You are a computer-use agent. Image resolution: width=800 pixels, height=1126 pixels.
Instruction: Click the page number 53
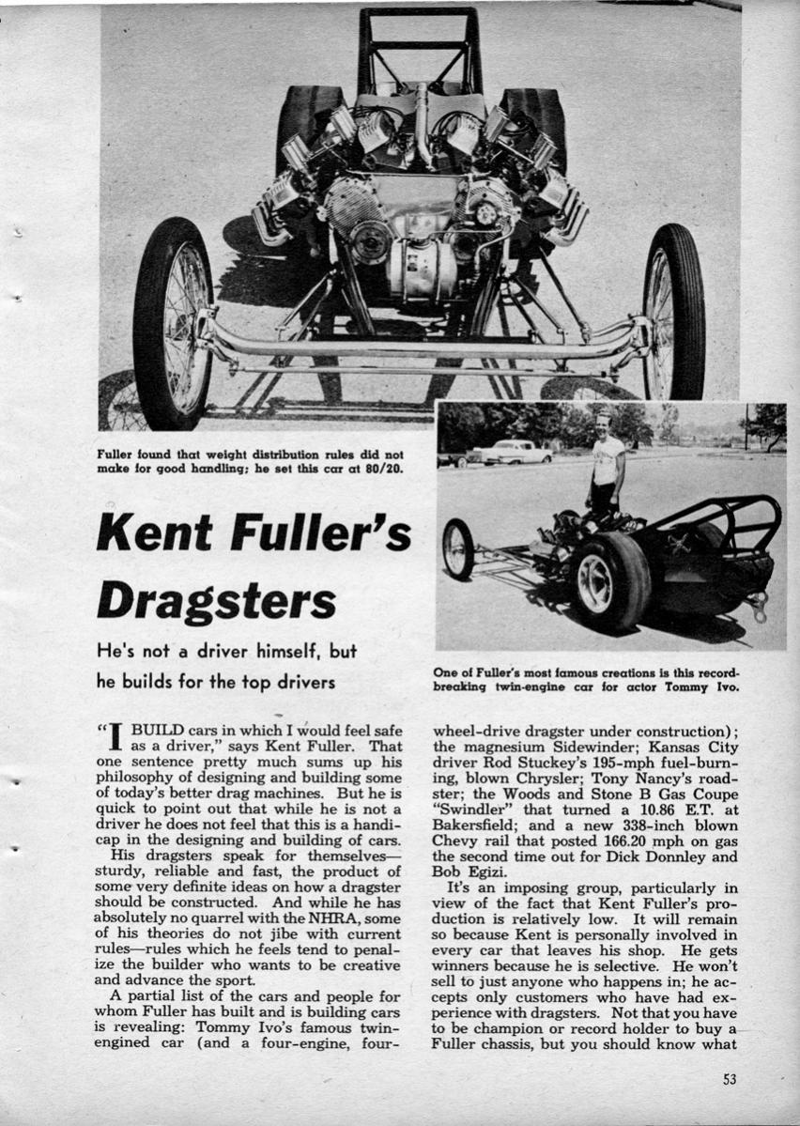click(730, 1079)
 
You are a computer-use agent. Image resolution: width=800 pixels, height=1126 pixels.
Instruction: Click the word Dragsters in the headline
click(215, 600)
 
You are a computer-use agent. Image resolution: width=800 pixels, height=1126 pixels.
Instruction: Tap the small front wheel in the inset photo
click(457, 548)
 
